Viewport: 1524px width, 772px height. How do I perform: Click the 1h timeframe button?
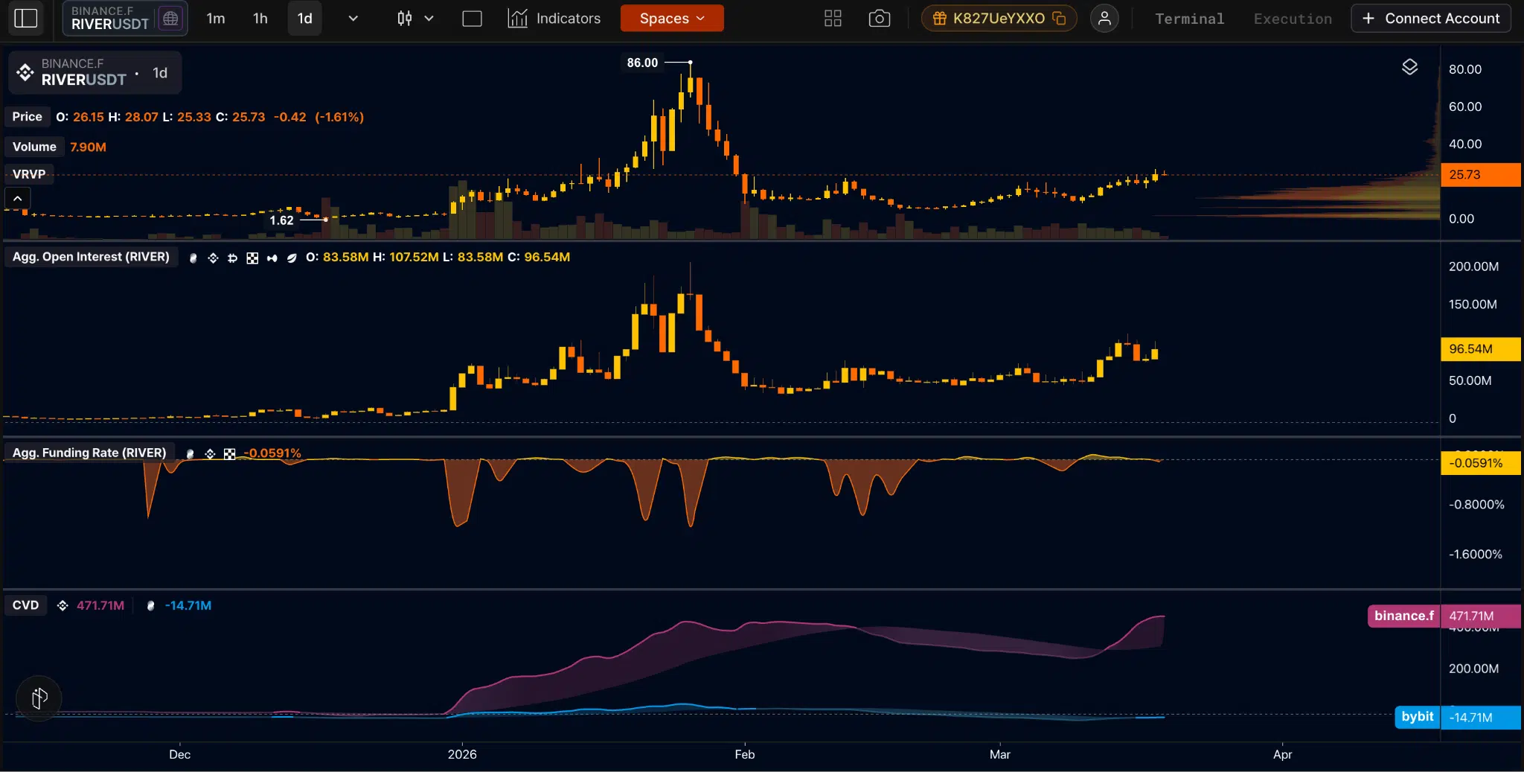pos(260,19)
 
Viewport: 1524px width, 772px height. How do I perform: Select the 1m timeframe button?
pos(216,19)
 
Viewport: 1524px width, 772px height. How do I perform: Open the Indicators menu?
pos(554,19)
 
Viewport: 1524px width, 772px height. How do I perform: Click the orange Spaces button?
pos(671,19)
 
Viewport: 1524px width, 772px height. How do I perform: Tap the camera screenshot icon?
pos(879,19)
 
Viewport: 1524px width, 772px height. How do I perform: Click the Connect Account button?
pos(1430,19)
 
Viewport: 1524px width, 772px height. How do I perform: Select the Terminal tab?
pos(1189,19)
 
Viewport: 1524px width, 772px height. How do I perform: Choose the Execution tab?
pos(1293,19)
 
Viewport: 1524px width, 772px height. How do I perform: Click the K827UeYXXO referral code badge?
pos(999,19)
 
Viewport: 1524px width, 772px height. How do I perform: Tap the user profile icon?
pos(1104,19)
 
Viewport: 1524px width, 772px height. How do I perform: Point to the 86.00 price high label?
pos(642,63)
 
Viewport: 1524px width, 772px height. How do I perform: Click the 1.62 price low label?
pos(281,220)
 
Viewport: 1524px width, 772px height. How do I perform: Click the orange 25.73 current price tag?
pos(1479,174)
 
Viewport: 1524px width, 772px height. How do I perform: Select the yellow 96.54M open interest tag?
pos(1479,348)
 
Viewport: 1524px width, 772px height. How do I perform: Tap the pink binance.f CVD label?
pos(1403,616)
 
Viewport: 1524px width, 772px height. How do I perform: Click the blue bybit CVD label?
pos(1417,716)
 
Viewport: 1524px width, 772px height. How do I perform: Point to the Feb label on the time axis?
pos(744,754)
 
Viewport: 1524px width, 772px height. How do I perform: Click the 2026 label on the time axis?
pos(462,754)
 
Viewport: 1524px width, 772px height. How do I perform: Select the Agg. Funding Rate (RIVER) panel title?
pos(89,453)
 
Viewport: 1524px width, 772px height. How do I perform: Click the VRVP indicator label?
pos(29,174)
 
